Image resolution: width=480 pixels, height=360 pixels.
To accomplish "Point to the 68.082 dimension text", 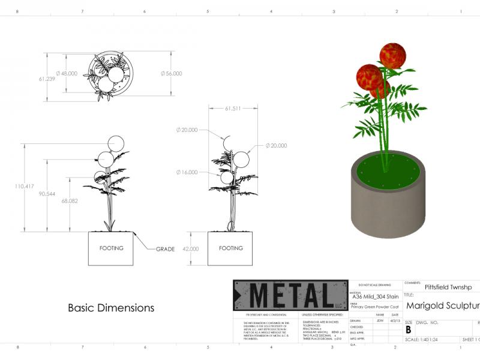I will point(69,202).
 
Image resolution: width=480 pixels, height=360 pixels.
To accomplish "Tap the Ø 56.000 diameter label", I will point(171,73).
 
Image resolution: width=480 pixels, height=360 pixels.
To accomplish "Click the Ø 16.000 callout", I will point(187,172).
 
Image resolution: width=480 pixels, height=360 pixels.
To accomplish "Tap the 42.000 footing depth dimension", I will point(190,248).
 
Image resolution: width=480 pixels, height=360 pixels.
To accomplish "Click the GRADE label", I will point(165,249).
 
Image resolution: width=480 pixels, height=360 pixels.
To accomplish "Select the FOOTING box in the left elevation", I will point(111,248).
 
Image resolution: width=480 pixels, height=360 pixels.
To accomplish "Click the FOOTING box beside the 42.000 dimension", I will point(231,248).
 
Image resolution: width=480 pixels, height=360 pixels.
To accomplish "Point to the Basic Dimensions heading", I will point(111,308).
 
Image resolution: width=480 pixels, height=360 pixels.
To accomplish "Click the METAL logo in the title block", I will point(290,295).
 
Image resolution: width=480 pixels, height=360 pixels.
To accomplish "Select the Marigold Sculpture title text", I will point(443,306).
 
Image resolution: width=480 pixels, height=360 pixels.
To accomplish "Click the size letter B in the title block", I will point(409,329).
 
